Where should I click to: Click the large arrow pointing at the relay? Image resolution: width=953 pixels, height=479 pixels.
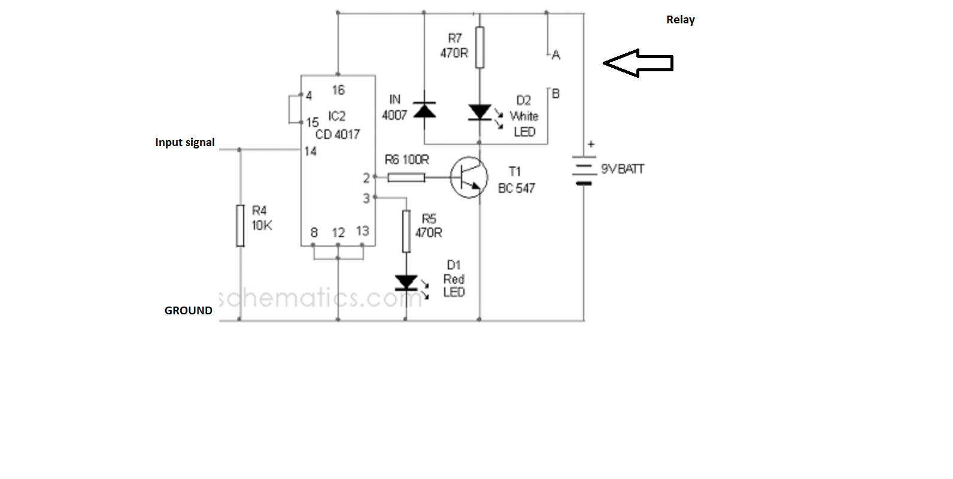638,63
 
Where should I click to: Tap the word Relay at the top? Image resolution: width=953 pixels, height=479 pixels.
680,20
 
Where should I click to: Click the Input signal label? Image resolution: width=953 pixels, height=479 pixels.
184,143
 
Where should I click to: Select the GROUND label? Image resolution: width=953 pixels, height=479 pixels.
188,311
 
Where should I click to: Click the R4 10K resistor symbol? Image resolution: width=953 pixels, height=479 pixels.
240,225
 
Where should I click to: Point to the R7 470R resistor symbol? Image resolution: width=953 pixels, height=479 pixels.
479,47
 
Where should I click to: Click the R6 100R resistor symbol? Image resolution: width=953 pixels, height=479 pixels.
406,177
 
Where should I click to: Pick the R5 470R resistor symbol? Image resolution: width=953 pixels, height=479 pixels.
406,231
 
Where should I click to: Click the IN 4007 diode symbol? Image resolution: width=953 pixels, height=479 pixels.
425,111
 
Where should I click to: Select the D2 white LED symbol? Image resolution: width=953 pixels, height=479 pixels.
479,112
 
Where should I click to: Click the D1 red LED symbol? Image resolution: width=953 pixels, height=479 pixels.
406,283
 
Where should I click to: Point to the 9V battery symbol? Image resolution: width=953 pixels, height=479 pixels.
584,170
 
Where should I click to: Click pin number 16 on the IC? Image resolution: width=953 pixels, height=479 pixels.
338,90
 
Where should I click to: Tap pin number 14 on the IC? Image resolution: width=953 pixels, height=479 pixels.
310,151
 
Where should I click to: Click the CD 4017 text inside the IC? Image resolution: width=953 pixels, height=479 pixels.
338,135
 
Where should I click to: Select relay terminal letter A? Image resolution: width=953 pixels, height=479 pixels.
556,55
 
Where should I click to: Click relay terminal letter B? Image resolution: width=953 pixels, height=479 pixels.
556,94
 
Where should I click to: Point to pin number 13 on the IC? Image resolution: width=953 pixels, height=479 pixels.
362,231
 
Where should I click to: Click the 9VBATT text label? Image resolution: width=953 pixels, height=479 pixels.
623,169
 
